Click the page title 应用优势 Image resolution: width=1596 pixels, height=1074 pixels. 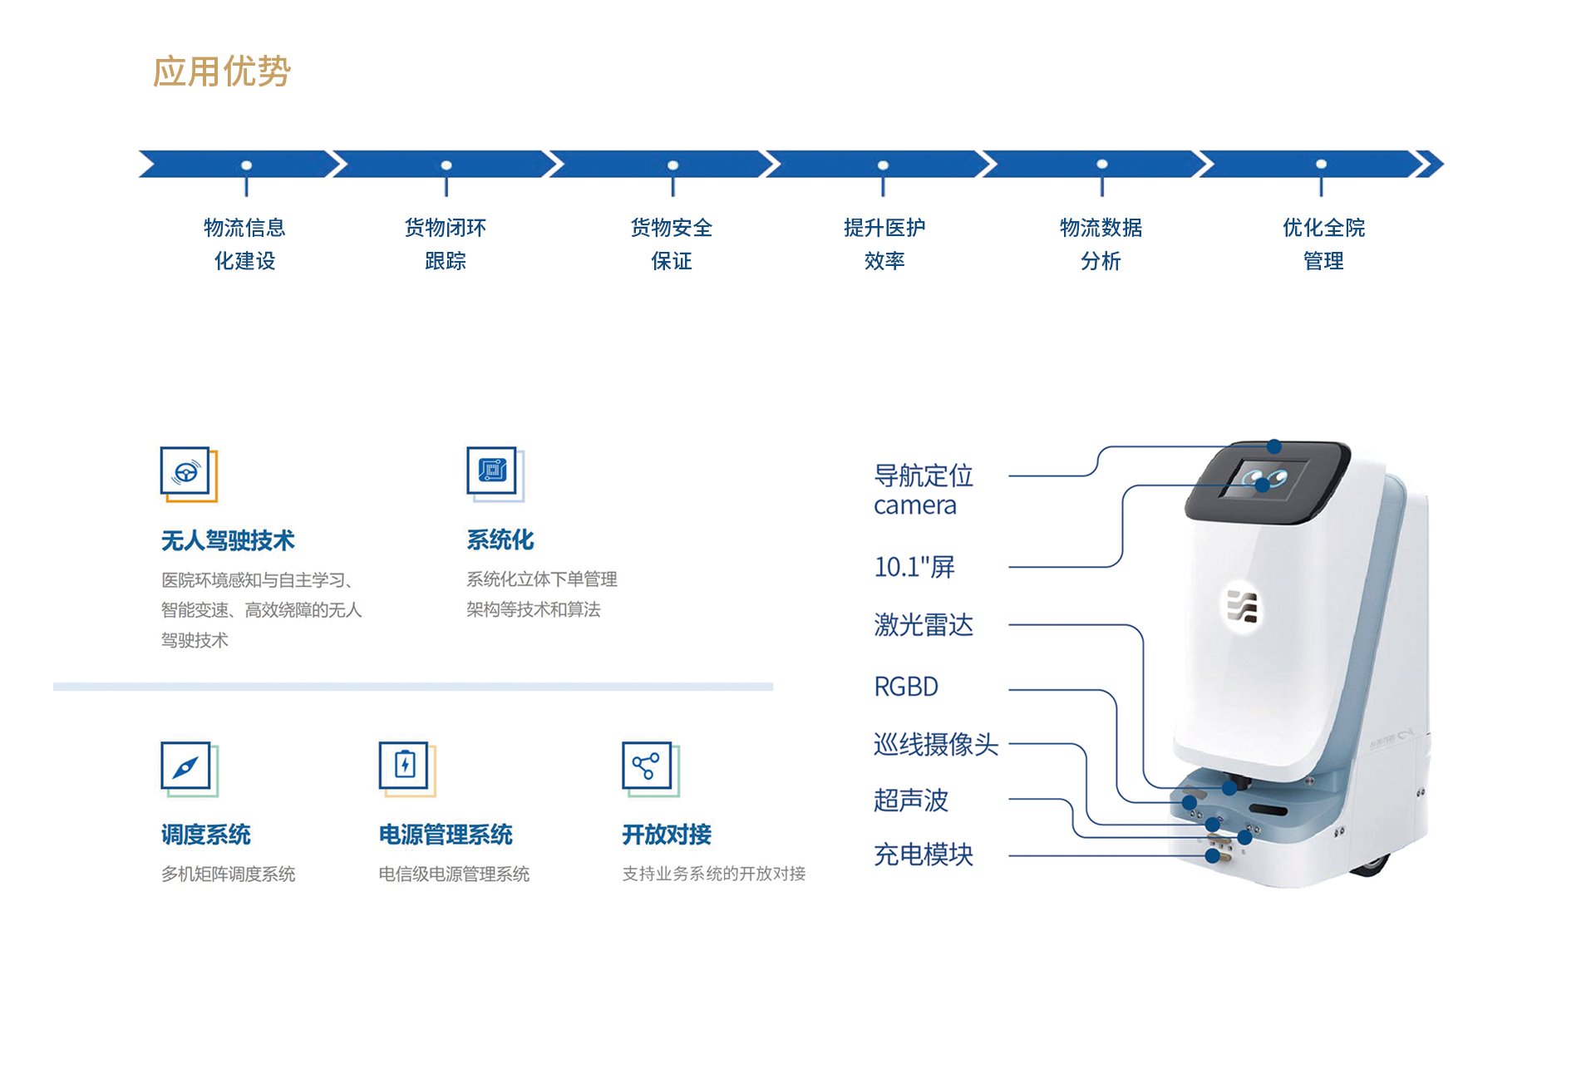pyautogui.click(x=222, y=71)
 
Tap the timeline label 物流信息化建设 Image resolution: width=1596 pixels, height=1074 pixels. pyautogui.click(x=244, y=244)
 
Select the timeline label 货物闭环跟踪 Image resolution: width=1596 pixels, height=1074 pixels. pyautogui.click(x=446, y=244)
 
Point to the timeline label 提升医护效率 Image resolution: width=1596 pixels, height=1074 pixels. pyautogui.click(x=884, y=244)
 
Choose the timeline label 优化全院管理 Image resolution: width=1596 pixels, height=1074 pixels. pyautogui.click(x=1323, y=244)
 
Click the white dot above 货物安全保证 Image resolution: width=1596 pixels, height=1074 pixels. pyautogui.click(x=673, y=165)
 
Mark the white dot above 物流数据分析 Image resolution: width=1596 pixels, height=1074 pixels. pyautogui.click(x=1102, y=165)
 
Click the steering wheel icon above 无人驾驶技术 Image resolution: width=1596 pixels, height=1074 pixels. pyautogui.click(x=189, y=474)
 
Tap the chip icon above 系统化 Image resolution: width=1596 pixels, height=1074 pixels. pyautogui.click(x=495, y=474)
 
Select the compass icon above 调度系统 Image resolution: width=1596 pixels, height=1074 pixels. pyautogui.click(x=189, y=768)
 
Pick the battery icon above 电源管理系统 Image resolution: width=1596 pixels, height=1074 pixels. pyautogui.click(x=406, y=768)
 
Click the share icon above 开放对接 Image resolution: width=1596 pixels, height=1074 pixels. pyautogui.click(x=650, y=768)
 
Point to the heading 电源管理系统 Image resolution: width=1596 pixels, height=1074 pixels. pyautogui.click(x=446, y=835)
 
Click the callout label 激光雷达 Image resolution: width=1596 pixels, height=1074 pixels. pyautogui.click(x=924, y=624)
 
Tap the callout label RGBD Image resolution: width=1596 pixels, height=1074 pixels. pyautogui.click(x=906, y=687)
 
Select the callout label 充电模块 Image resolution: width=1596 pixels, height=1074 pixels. pyautogui.click(x=924, y=855)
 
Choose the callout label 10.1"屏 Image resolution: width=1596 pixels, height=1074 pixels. pyautogui.click(x=914, y=567)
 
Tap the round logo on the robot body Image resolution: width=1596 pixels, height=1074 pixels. pyautogui.click(x=1243, y=606)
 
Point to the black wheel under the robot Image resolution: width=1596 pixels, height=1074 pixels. pyautogui.click(x=1372, y=867)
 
